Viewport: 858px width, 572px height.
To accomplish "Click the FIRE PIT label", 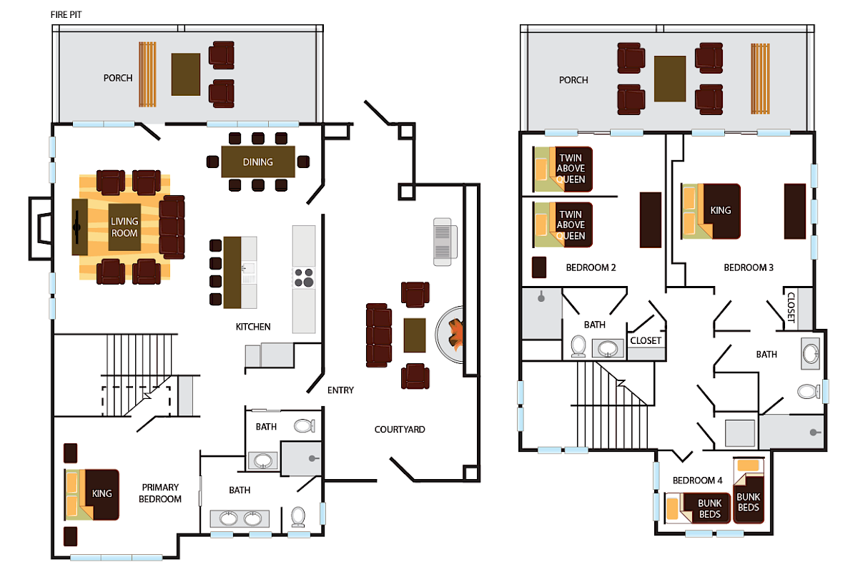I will click(x=66, y=14).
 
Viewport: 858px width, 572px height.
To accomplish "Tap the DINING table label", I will click(x=257, y=162).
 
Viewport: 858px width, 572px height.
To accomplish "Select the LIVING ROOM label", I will click(x=124, y=227).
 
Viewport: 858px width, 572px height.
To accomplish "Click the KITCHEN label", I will click(x=253, y=327).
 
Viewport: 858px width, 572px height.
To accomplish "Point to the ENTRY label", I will click(x=340, y=390).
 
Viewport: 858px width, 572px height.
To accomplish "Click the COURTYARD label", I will click(x=400, y=430).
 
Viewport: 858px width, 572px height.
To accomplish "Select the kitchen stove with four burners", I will click(x=304, y=277).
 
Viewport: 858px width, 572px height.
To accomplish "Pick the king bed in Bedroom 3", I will click(x=711, y=211).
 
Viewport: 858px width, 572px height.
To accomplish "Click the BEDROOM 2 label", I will click(x=591, y=268).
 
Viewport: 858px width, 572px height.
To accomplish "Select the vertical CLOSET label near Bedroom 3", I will click(x=791, y=308).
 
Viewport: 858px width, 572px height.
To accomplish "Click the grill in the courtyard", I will click(x=445, y=241).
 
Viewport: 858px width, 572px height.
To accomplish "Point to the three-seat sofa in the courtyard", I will click(x=379, y=335).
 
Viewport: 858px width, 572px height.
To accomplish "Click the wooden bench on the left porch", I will click(x=147, y=74).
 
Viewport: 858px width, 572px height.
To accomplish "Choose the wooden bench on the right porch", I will click(x=759, y=79).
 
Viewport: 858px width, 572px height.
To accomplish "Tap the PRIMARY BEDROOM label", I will click(x=161, y=493).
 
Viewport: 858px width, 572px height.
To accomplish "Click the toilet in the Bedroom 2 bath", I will click(x=579, y=347).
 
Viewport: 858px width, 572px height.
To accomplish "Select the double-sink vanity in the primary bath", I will click(x=240, y=518).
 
